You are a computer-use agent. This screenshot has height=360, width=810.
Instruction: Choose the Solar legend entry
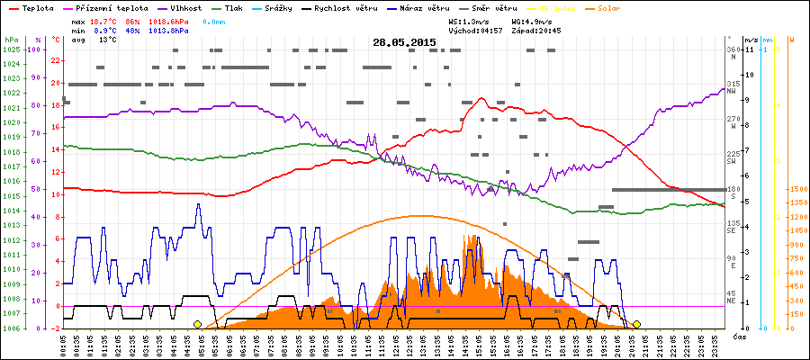click(597, 6)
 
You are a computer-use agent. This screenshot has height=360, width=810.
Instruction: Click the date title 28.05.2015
click(404, 42)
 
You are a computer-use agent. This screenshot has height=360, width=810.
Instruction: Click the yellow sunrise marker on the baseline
click(197, 324)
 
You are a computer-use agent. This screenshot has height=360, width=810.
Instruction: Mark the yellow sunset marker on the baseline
click(636, 324)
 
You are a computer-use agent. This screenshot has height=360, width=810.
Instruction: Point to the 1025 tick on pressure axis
click(11, 49)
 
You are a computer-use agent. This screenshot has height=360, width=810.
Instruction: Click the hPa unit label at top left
click(11, 40)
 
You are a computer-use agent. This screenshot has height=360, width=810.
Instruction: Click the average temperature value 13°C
click(108, 40)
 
